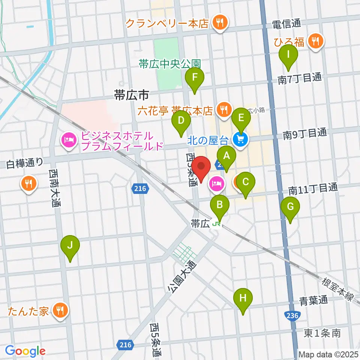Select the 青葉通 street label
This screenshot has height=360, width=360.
[x=313, y=300]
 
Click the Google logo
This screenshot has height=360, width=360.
[x=25, y=351]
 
